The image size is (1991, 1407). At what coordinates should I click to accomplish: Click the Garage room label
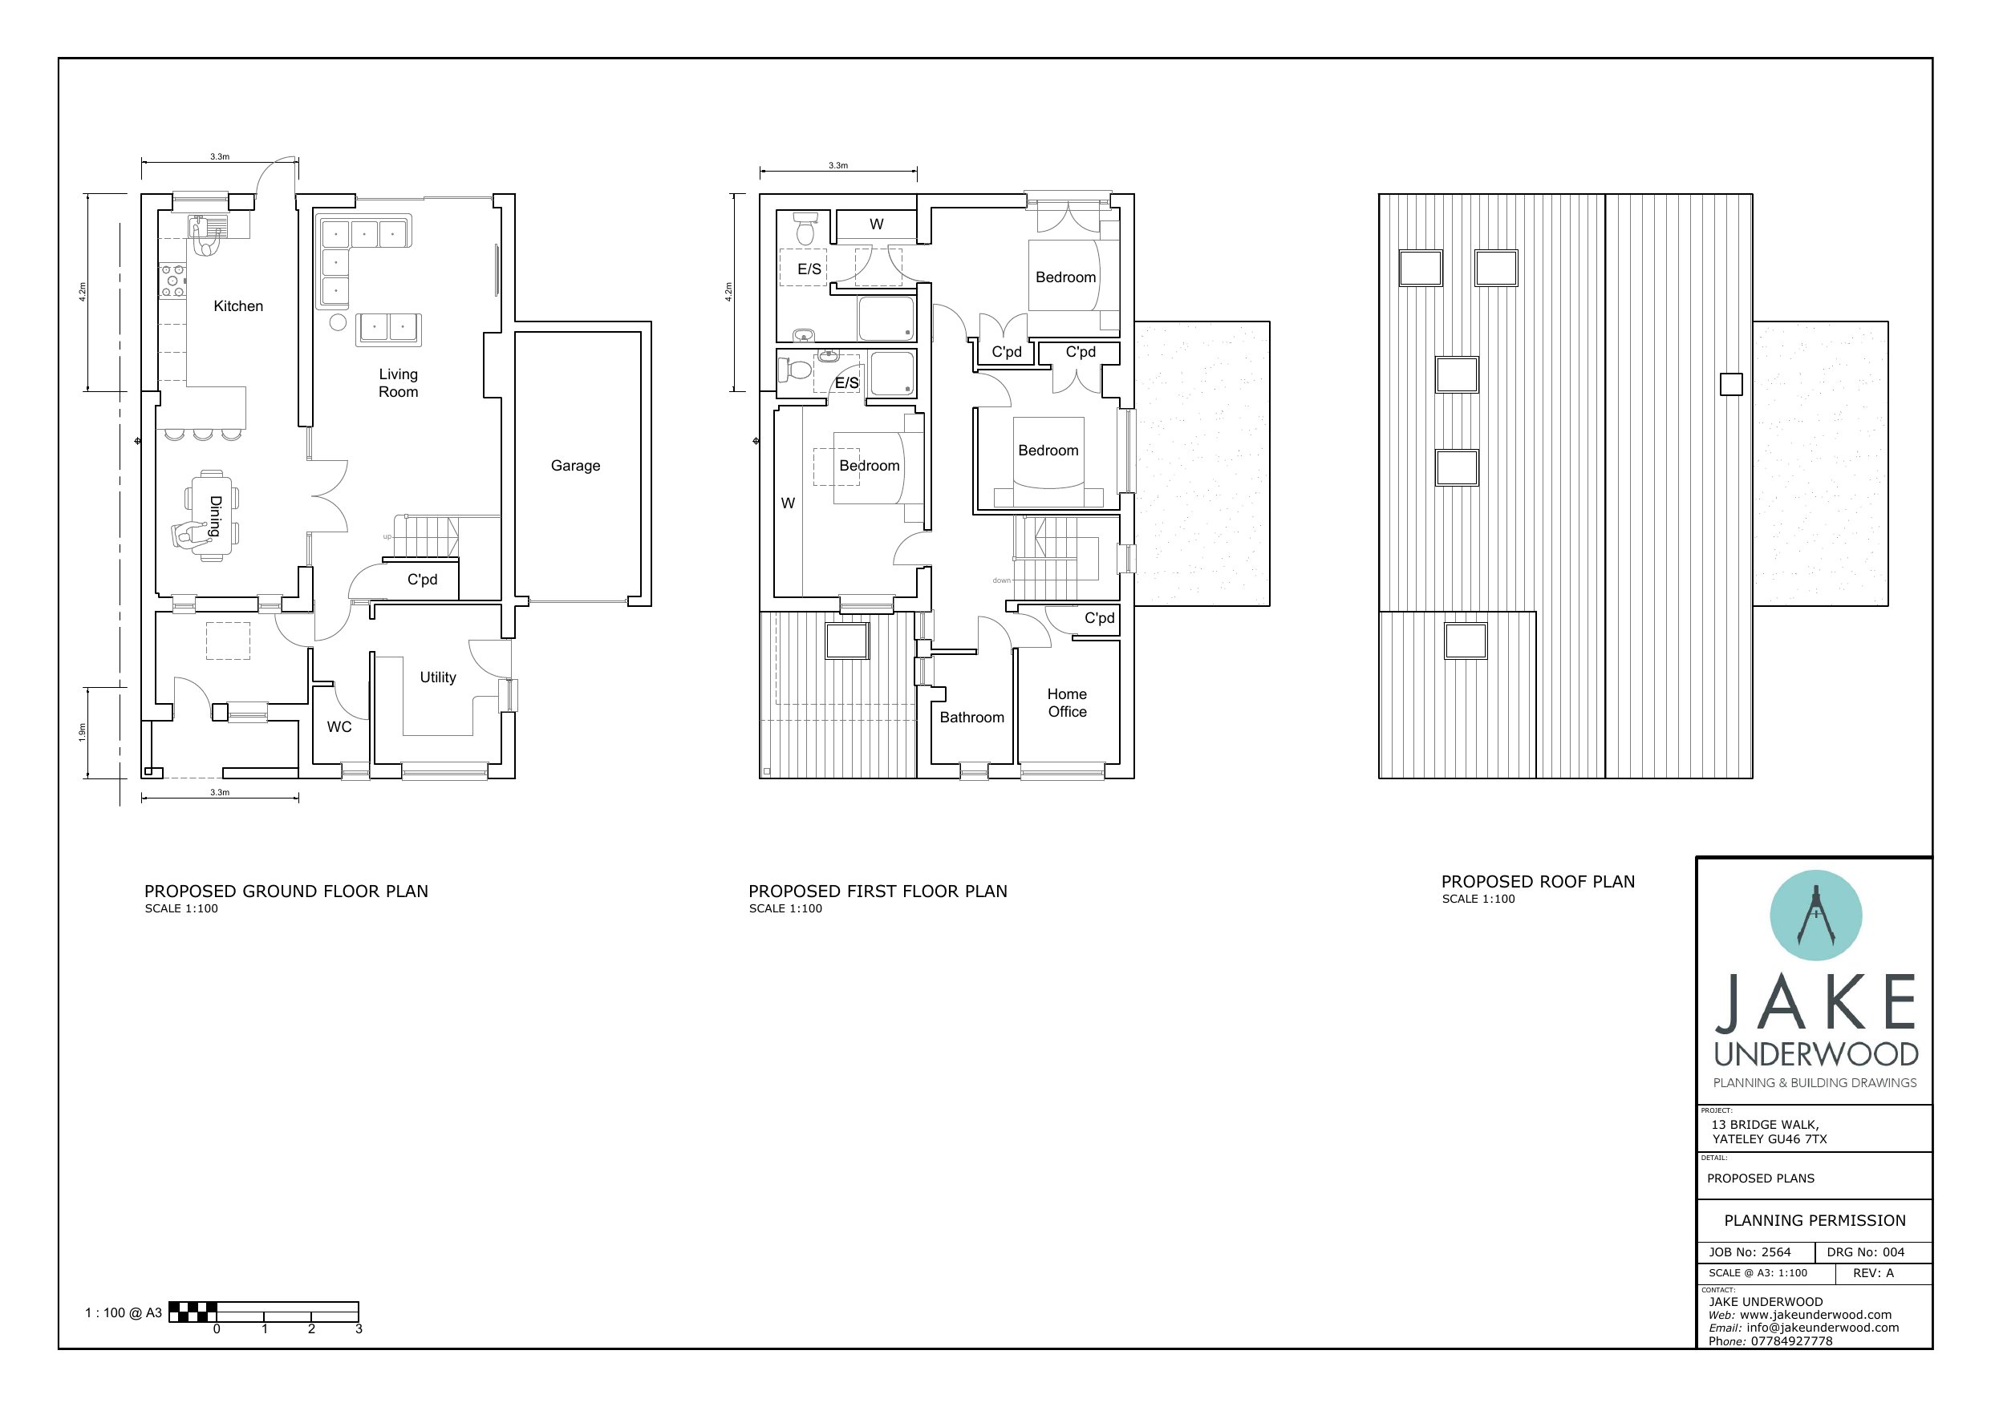click(575, 466)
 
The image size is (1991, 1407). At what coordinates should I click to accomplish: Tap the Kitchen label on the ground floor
click(238, 306)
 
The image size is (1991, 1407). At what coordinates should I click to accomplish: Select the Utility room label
click(438, 677)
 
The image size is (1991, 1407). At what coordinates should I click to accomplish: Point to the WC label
click(339, 726)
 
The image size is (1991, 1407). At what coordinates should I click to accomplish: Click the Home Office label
click(1067, 703)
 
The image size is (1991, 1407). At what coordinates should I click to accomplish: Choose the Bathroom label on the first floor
click(972, 717)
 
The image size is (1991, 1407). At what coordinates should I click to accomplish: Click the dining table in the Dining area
click(213, 515)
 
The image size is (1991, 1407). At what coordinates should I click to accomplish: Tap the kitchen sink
click(208, 227)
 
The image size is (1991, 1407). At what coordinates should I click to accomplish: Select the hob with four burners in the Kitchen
click(172, 281)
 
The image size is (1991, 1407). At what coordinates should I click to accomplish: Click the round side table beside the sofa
click(339, 322)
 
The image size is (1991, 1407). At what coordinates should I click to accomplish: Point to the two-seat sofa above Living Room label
click(388, 329)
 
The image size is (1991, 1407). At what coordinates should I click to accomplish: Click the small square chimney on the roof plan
click(1731, 384)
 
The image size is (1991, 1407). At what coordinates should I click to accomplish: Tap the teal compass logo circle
click(1816, 916)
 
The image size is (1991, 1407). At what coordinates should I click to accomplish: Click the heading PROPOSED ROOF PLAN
click(1539, 882)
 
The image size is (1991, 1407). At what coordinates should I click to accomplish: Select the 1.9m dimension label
click(83, 732)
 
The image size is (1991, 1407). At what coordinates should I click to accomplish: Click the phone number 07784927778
click(1791, 1341)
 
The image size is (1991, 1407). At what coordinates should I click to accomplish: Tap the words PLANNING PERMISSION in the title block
click(1815, 1221)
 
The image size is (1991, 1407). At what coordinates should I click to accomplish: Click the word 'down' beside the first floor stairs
click(1002, 580)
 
